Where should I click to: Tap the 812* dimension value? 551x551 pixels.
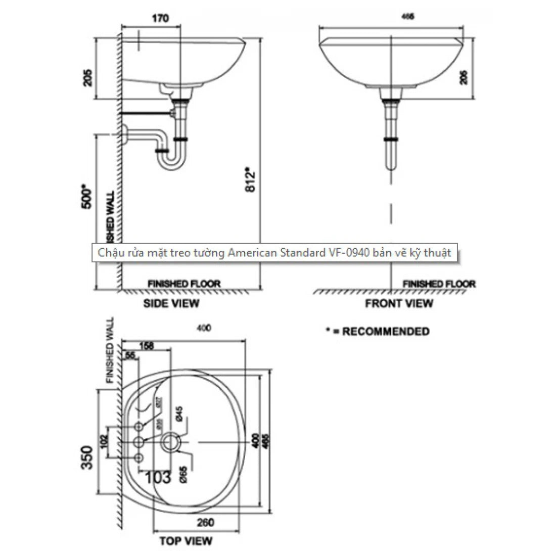click(249, 179)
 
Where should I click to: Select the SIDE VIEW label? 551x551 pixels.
click(171, 303)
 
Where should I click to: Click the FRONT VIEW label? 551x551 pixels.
click(399, 303)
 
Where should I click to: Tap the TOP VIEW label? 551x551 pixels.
click(186, 540)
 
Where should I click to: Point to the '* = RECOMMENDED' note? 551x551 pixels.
click(378, 332)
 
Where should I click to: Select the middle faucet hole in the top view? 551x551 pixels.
click(139, 443)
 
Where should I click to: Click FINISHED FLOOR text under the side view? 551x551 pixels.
click(183, 284)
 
